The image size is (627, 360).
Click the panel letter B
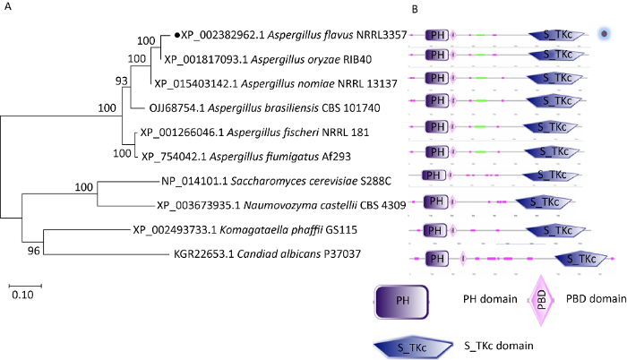[415, 10]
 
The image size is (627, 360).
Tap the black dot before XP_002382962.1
[176, 35]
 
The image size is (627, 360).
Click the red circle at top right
[605, 34]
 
